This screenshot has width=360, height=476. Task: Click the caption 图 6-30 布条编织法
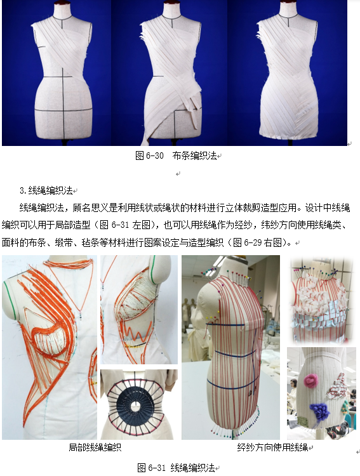click(x=177, y=155)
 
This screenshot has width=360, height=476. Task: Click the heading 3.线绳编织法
click(x=46, y=190)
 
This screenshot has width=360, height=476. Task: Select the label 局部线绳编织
click(x=95, y=447)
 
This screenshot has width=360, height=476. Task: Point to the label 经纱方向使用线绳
click(x=272, y=447)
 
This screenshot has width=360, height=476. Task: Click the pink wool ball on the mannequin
click(x=310, y=380)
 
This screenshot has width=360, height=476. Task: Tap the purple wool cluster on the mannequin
click(x=319, y=411)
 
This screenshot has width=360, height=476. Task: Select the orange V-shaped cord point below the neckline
click(x=81, y=309)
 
